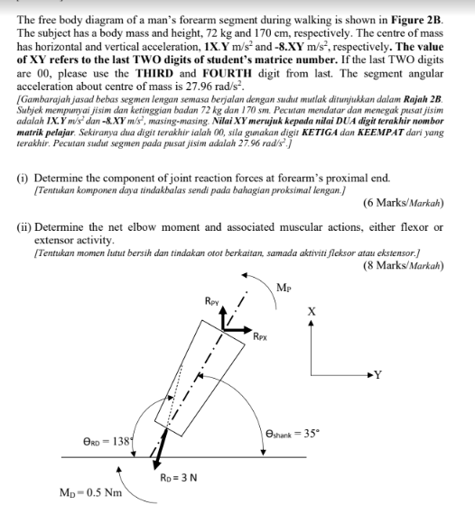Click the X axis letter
pos(312,310)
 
